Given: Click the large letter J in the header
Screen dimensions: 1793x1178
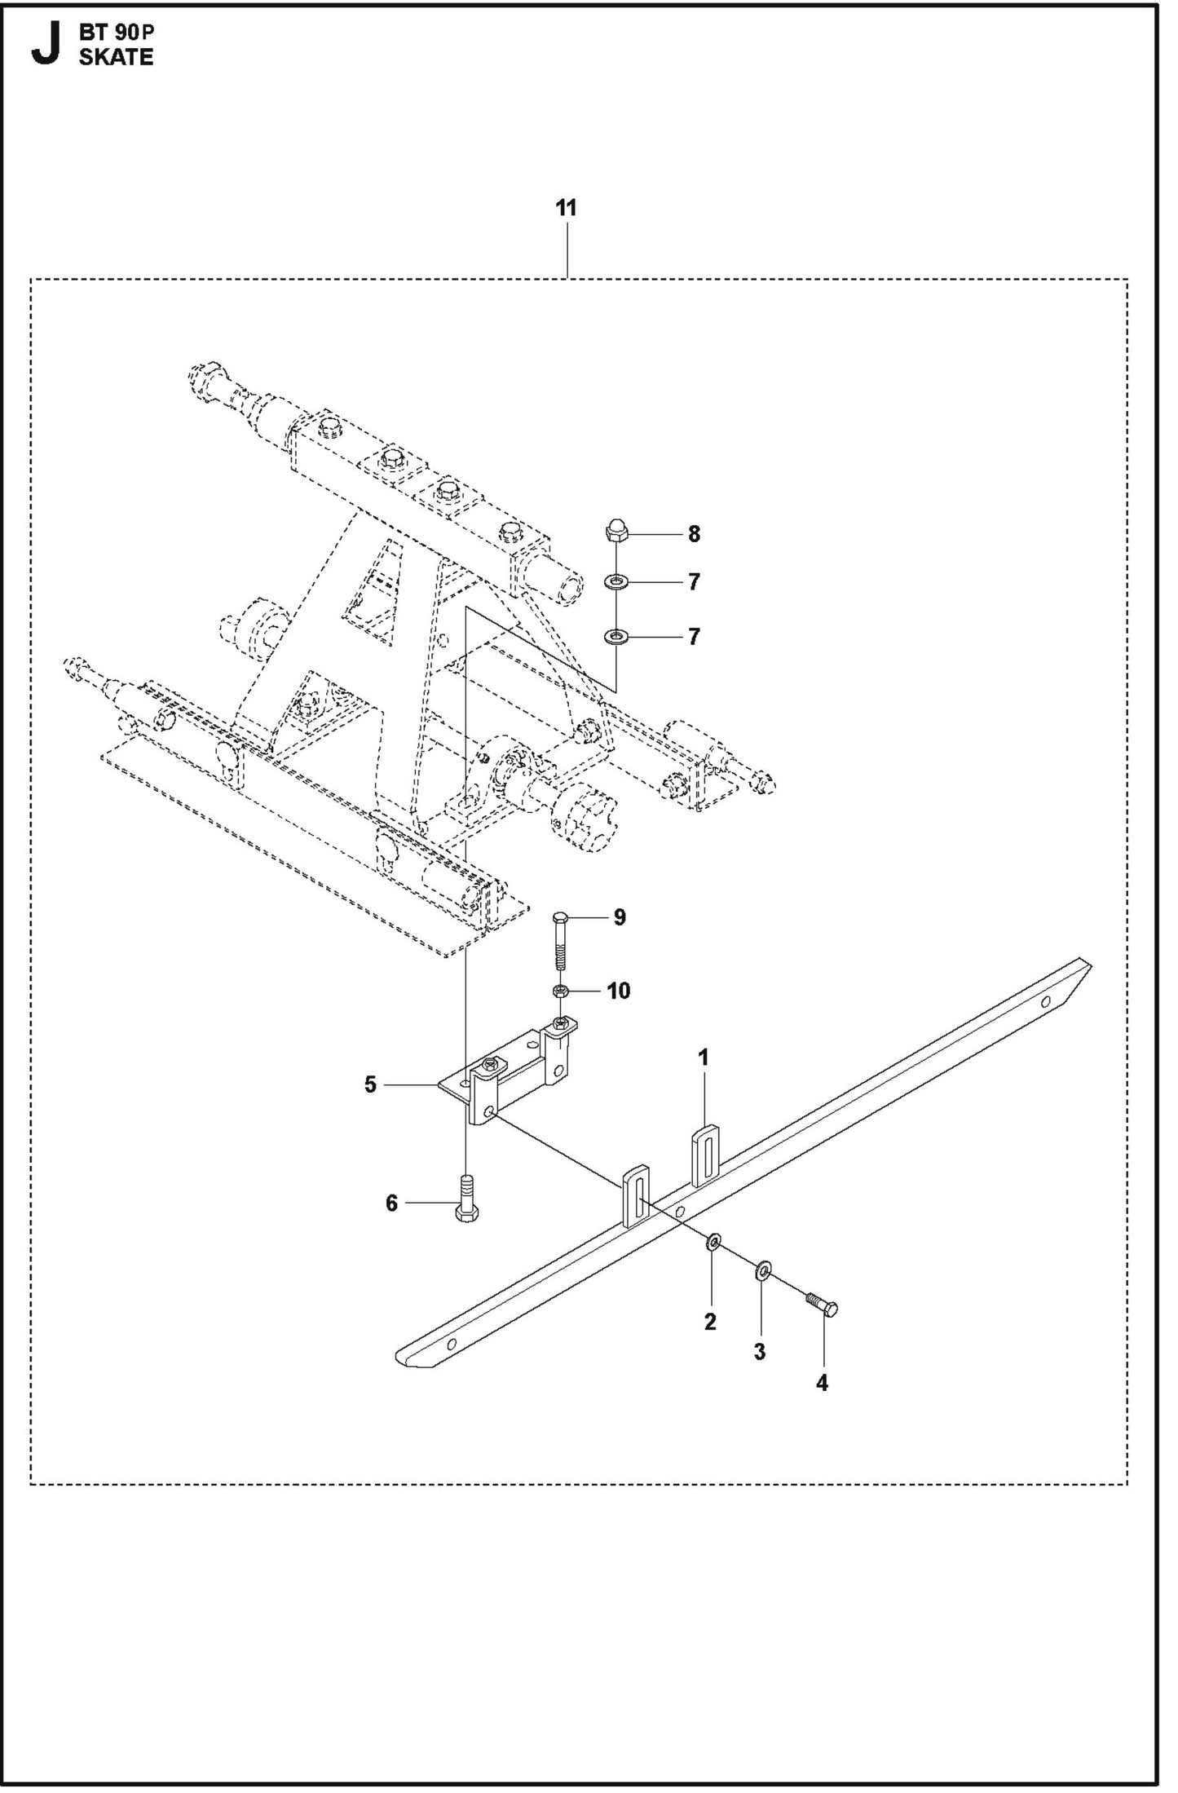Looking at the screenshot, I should (46, 46).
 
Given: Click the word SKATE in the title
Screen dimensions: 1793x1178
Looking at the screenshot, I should (116, 57).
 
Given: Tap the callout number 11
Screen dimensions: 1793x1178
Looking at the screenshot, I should (566, 208).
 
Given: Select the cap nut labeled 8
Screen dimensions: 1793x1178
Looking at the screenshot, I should (616, 532).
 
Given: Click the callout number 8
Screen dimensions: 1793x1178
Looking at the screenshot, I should (693, 534).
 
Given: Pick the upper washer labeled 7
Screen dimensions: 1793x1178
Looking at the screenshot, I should (616, 582).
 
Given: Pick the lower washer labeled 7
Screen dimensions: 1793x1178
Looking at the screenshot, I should (616, 634).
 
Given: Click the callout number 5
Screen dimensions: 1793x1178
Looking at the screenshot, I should (370, 1084).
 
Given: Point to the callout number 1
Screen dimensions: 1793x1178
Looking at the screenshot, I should (704, 1058).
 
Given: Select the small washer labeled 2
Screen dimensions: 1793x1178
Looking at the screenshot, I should (713, 1242).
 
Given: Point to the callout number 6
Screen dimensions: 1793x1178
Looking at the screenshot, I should (391, 1203).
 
